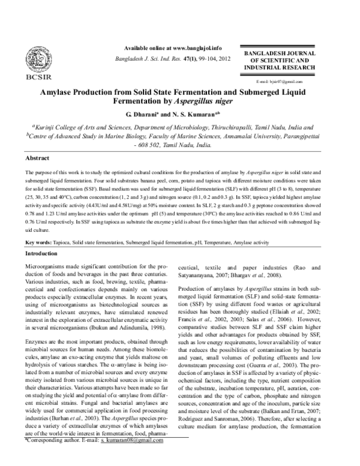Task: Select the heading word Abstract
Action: pos(37,157)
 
